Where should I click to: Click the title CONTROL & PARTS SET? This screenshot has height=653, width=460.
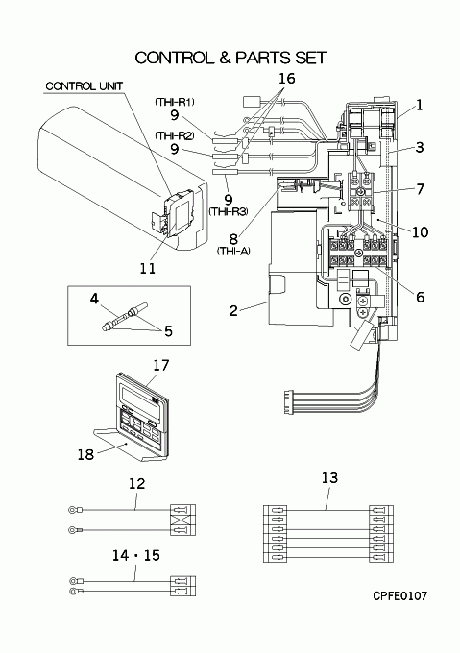point(230,58)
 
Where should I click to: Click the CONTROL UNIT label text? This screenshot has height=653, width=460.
point(85,86)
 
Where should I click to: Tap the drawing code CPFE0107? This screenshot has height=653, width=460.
point(400,595)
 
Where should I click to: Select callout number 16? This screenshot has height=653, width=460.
point(287,78)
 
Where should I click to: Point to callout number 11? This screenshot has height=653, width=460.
point(148,268)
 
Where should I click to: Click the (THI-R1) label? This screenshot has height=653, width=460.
point(175,102)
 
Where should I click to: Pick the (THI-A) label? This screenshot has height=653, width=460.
point(233,252)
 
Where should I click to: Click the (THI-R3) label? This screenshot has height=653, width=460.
point(229,211)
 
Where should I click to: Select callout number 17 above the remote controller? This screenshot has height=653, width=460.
point(161,365)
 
